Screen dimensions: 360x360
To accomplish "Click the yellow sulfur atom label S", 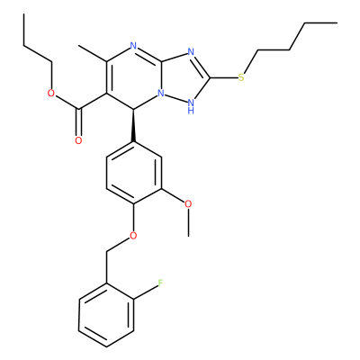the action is click(241, 78).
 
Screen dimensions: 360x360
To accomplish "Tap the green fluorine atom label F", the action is click(160, 283).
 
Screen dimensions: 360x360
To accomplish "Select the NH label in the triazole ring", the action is click(191, 106).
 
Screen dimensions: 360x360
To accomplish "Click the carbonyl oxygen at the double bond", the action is click(78, 140).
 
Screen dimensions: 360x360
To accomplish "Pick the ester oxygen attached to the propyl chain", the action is click(51, 94).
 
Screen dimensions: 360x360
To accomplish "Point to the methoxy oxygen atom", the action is click(188, 204).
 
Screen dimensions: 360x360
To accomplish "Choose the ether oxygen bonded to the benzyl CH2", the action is click(133, 236).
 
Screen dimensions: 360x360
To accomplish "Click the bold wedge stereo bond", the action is click(133, 125).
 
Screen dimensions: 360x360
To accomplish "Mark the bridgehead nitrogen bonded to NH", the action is click(161, 94).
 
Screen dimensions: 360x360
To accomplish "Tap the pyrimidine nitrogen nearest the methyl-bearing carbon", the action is click(133, 47).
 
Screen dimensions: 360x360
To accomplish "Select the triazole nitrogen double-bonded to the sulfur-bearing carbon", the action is click(191, 51).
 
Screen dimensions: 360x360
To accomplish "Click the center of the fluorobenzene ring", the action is click(106, 315).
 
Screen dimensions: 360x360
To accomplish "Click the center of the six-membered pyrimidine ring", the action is click(134, 78).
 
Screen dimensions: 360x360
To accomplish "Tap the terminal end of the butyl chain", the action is click(337, 22).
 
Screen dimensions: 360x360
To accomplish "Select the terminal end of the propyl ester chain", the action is click(23, 13).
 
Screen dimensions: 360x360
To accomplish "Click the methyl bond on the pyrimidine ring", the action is click(93, 54).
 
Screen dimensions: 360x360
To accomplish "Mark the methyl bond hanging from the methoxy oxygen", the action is click(188, 222).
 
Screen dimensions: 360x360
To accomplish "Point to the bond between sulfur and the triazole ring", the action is click(224, 78).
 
